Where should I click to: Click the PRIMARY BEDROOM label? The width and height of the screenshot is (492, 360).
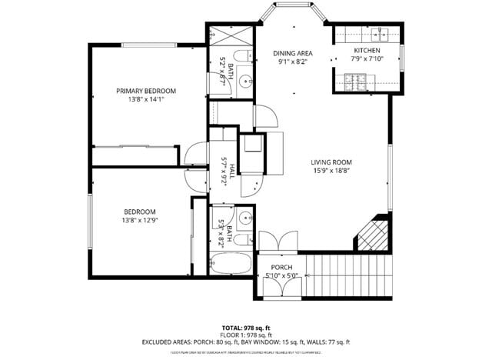pyautogui.click(x=141, y=90)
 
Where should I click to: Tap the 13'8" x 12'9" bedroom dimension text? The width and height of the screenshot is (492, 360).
pyautogui.click(x=141, y=220)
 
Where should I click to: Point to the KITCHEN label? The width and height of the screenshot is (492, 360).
pyautogui.click(x=367, y=50)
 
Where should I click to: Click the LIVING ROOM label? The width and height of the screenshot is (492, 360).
pyautogui.click(x=331, y=162)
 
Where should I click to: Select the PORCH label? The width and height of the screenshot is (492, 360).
pyautogui.click(x=281, y=267)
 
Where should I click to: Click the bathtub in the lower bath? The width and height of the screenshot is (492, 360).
pyautogui.click(x=231, y=265)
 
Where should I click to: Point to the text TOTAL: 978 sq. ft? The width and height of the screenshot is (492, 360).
pyautogui.click(x=246, y=327)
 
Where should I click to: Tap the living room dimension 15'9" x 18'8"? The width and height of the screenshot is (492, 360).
pyautogui.click(x=331, y=171)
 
